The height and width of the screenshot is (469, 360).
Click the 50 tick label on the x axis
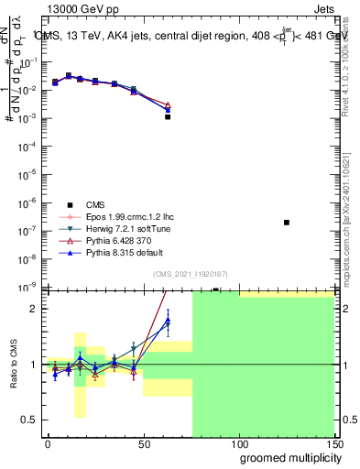coord(143,442)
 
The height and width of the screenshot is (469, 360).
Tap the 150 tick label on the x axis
coord(333,442)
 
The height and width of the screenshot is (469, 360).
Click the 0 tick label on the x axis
coord(48,442)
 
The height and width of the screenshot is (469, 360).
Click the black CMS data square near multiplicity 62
coord(168,117)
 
